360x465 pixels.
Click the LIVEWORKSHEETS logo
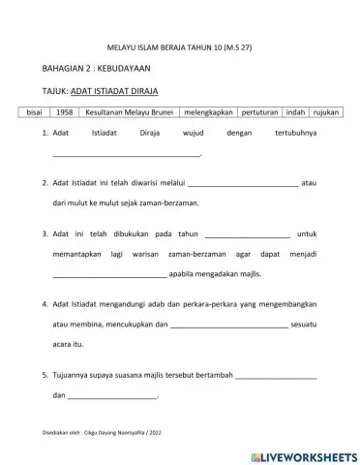301,454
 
